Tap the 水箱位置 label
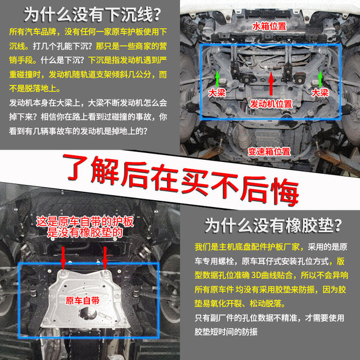click(x=268, y=25)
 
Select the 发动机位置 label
click(x=271, y=104)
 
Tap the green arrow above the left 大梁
click(x=217, y=77)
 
